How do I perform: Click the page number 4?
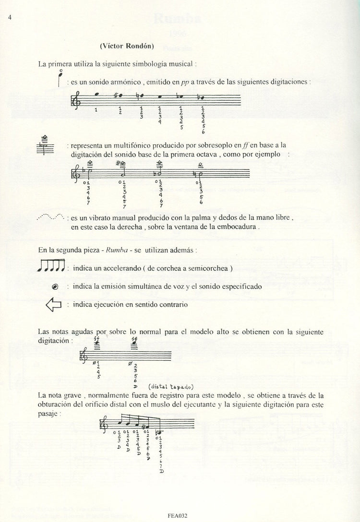(9, 18)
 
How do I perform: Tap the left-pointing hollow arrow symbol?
(53, 305)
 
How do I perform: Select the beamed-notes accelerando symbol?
(51, 265)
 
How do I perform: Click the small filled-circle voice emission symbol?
(54, 286)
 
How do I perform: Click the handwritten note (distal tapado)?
(172, 386)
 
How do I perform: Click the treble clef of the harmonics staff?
(76, 101)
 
